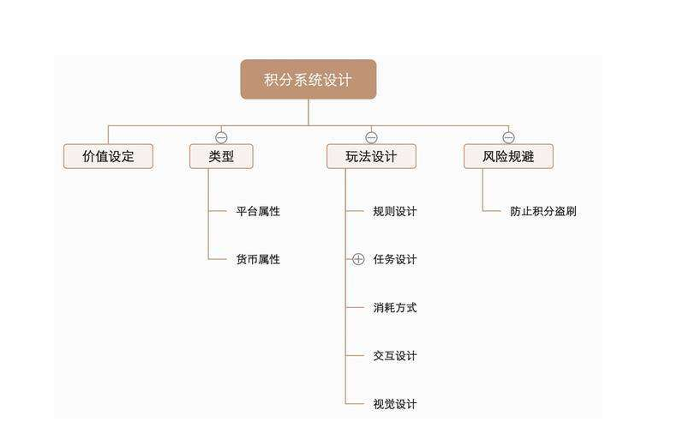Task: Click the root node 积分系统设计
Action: point(308,80)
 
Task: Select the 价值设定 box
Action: point(108,157)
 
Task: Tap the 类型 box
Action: point(221,157)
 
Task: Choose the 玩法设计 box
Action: point(371,157)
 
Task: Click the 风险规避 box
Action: point(508,157)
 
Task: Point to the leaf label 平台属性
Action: point(258,211)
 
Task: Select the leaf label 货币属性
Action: point(258,259)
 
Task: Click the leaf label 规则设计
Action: point(395,211)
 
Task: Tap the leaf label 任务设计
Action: point(395,259)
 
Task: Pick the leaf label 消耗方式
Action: point(395,307)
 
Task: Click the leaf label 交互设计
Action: point(395,356)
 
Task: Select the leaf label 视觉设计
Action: point(395,404)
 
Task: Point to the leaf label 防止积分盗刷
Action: point(543,211)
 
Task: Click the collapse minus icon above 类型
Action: point(221,137)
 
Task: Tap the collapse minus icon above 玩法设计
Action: point(371,137)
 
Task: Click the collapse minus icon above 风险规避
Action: point(508,137)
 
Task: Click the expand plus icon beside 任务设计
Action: point(358,259)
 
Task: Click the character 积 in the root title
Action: point(273,80)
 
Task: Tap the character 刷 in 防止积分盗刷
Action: point(571,211)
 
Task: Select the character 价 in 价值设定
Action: point(89,157)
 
